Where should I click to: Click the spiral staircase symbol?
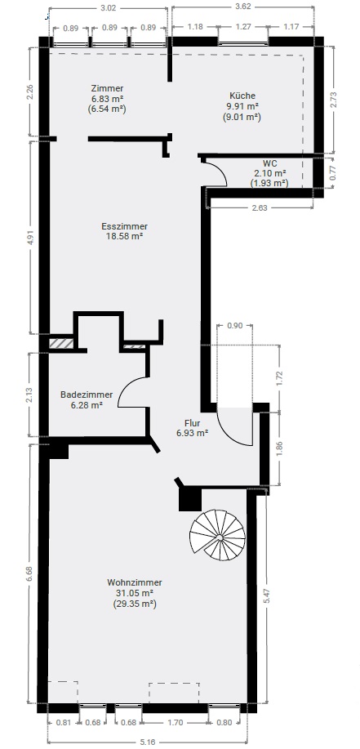217,535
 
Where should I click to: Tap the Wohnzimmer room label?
135,582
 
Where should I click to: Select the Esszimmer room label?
125,226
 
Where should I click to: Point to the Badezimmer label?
87,395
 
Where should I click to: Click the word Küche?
242,96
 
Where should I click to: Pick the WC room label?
269,163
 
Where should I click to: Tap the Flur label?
193,423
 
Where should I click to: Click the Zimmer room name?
108,88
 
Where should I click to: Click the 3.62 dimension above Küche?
243,7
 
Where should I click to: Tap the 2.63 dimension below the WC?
260,207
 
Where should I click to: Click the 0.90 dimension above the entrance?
235,325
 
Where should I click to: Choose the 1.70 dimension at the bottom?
176,723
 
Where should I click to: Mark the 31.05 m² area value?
136,593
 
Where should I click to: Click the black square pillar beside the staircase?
190,499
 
